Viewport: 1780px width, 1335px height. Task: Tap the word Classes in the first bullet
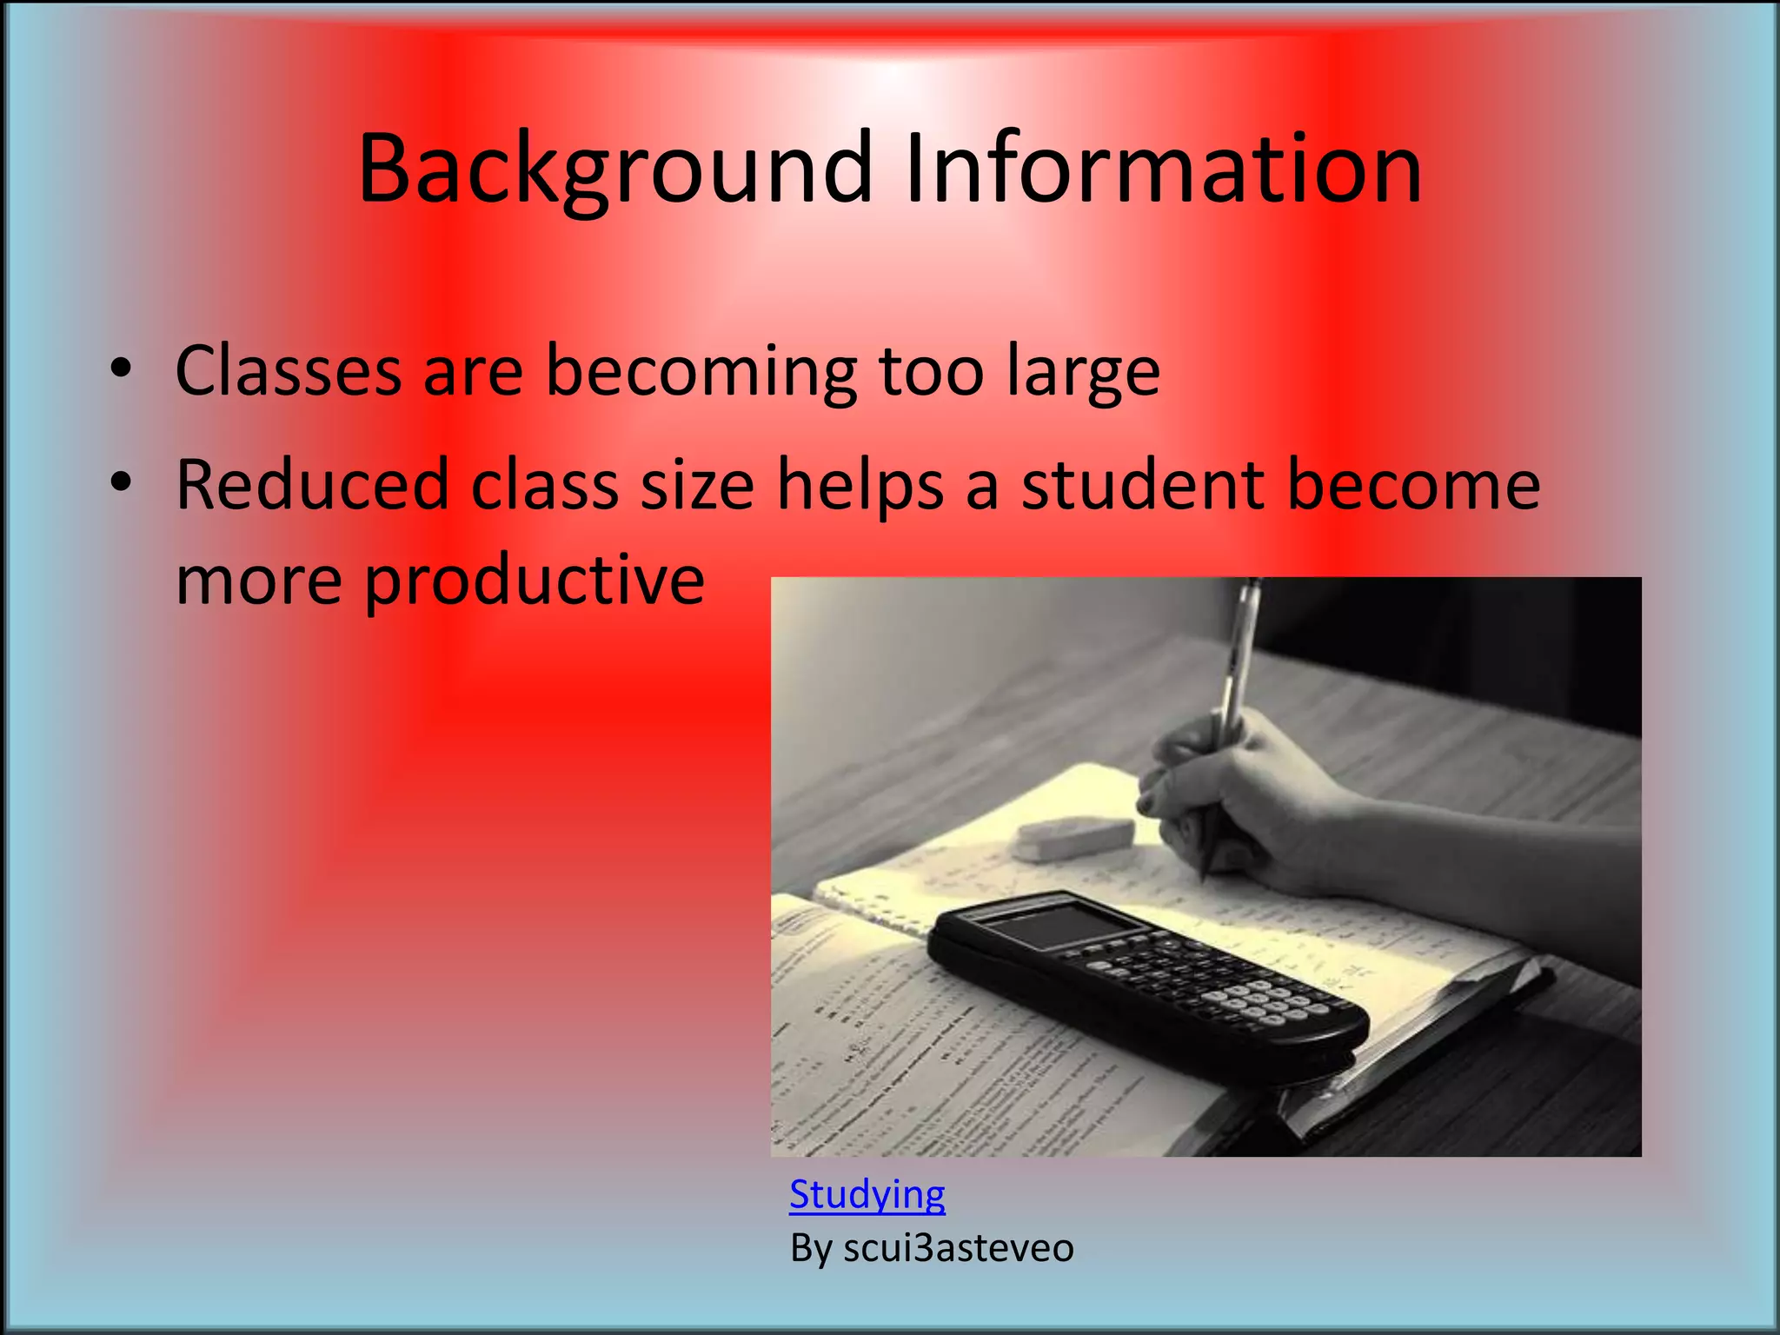pos(288,371)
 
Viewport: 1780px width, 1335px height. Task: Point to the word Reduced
pos(312,485)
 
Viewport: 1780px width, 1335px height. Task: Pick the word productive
pos(535,581)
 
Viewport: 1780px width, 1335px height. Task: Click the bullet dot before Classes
pos(121,369)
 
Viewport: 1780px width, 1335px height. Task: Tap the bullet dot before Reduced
pos(121,482)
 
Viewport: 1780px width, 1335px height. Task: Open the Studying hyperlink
pos(867,1195)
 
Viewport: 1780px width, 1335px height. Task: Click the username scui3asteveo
pos(958,1248)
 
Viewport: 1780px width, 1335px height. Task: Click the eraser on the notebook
pos(1075,836)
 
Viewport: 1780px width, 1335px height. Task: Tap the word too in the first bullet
pos(931,371)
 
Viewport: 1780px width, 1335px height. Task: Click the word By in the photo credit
pos(811,1248)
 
